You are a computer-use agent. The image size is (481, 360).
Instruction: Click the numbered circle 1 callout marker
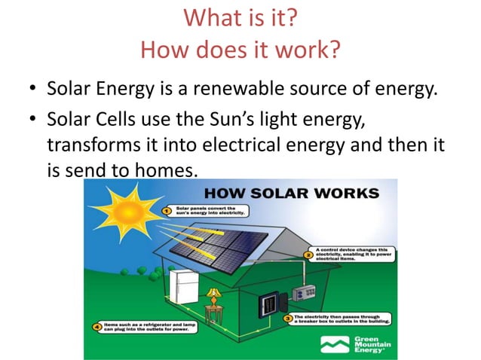[169, 212]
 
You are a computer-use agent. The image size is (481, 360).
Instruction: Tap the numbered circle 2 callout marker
[308, 255]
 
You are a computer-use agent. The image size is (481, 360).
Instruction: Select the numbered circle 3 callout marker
[288, 319]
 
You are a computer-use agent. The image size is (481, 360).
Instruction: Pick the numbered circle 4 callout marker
[97, 328]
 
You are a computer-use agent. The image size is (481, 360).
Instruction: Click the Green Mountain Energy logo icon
[334, 344]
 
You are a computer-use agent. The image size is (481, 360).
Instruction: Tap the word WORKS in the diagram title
[346, 193]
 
